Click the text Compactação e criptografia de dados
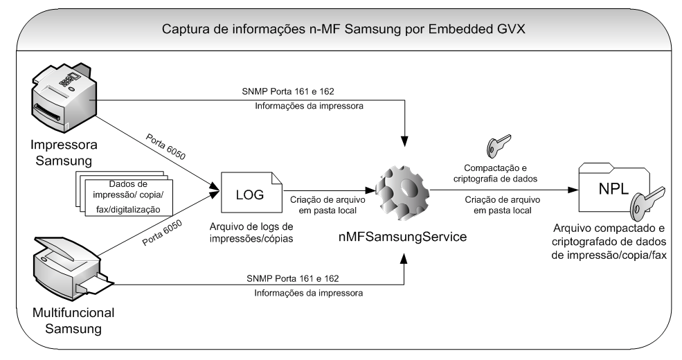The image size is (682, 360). pos(499,172)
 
